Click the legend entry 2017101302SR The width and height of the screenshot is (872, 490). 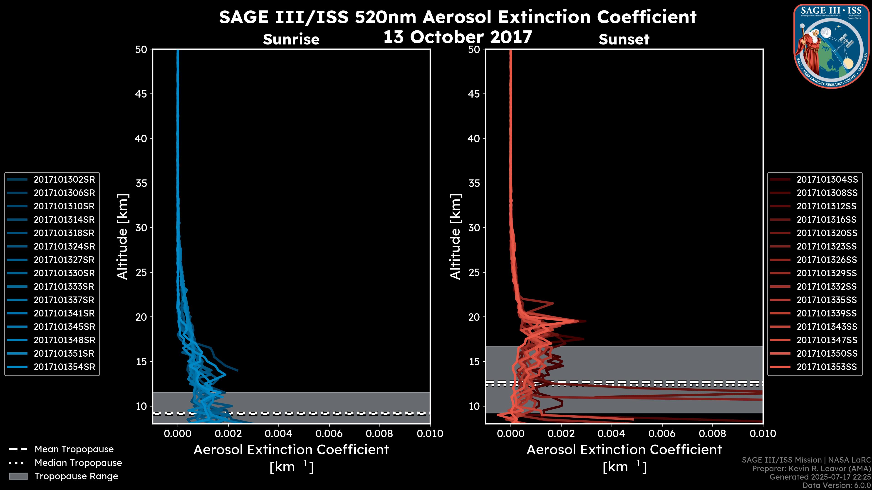[64, 180]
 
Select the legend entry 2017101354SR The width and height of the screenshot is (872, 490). [64, 367]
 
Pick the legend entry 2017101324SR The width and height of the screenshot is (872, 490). [64, 247]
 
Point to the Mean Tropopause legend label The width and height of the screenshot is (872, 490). [74, 449]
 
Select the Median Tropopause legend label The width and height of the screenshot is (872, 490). [78, 463]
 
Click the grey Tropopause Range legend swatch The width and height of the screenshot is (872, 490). [18, 476]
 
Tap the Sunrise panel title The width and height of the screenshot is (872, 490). [291, 39]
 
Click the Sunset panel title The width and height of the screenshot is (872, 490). [624, 39]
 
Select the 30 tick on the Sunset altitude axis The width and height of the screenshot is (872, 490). [474, 228]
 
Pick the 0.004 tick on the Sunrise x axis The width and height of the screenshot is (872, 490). [279, 434]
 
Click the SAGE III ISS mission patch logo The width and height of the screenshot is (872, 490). [831, 46]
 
